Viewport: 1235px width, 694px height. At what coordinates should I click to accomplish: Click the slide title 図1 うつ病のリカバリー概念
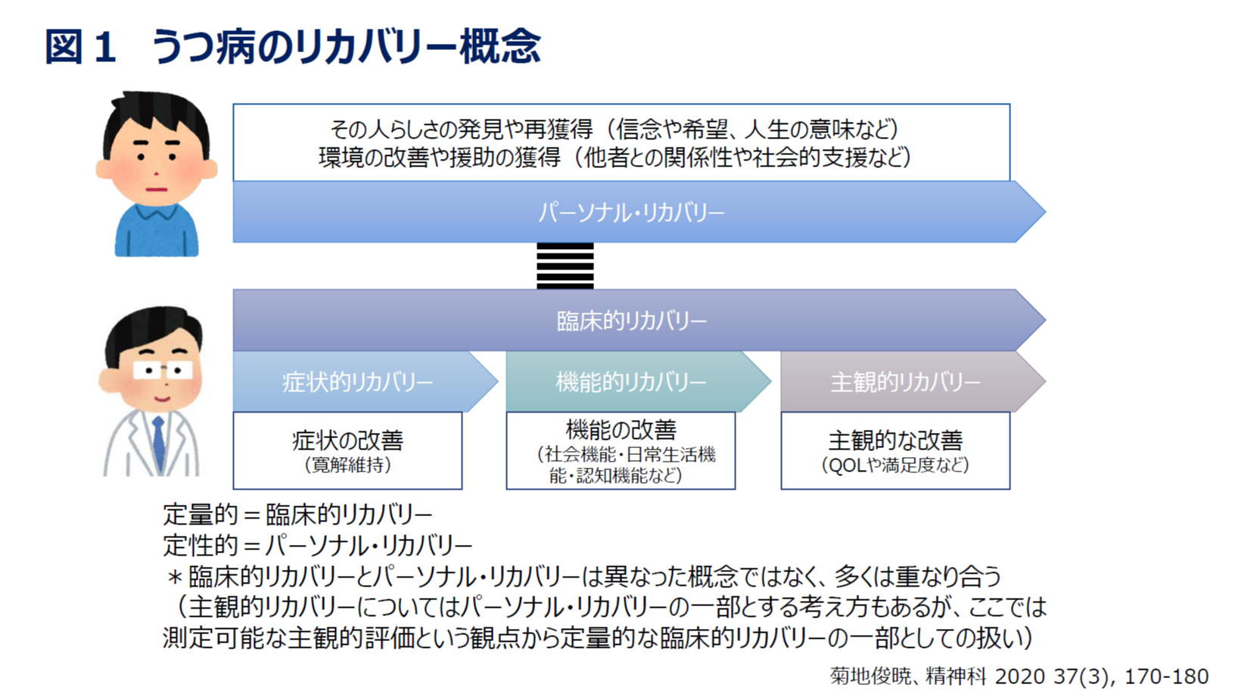[x=292, y=47]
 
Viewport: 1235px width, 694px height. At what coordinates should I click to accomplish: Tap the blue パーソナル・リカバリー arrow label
[x=631, y=213]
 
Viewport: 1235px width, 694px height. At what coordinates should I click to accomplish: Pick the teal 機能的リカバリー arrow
[x=639, y=381]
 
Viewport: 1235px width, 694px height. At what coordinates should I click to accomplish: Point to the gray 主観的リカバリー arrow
[x=913, y=381]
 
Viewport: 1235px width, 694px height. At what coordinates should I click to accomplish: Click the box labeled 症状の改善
[x=347, y=450]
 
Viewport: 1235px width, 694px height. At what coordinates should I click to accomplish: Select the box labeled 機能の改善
[x=621, y=450]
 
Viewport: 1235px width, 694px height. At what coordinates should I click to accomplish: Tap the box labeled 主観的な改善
[x=895, y=450]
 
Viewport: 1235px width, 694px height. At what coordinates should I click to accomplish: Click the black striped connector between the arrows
[x=565, y=266]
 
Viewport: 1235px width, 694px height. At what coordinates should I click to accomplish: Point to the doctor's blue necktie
[x=159, y=443]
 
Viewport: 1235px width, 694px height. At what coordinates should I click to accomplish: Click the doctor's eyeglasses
[x=163, y=370]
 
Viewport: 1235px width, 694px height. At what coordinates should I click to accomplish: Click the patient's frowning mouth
[x=157, y=190]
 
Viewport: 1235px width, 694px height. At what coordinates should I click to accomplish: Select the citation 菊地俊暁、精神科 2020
[x=1019, y=676]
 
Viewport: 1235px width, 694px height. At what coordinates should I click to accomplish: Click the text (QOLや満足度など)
[x=895, y=465]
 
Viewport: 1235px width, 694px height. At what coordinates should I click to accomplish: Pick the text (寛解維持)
[x=348, y=465]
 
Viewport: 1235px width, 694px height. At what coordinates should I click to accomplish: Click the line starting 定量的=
[x=297, y=515]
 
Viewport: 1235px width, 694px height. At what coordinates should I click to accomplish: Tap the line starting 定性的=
[x=318, y=546]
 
